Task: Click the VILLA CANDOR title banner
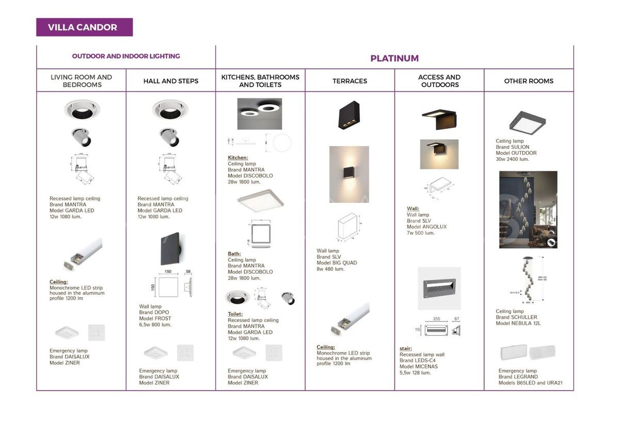(x=84, y=27)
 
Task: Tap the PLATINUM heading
(x=394, y=58)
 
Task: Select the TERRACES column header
(x=350, y=81)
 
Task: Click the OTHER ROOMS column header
(x=528, y=81)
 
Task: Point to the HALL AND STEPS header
(x=171, y=81)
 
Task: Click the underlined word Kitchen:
(x=238, y=158)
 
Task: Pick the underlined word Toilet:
(x=235, y=314)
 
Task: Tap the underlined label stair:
(x=405, y=348)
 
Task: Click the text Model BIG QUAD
(x=336, y=263)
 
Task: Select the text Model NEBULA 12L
(x=518, y=323)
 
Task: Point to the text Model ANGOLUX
(x=427, y=227)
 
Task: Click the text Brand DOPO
(x=154, y=313)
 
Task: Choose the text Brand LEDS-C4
(x=417, y=361)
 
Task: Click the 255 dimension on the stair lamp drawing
(x=436, y=319)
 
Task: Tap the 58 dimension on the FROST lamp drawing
(x=188, y=271)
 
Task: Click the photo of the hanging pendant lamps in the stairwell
(x=528, y=209)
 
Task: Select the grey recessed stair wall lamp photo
(x=439, y=288)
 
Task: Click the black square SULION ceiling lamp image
(x=527, y=121)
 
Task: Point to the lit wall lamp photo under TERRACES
(x=349, y=174)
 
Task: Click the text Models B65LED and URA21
(x=530, y=383)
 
